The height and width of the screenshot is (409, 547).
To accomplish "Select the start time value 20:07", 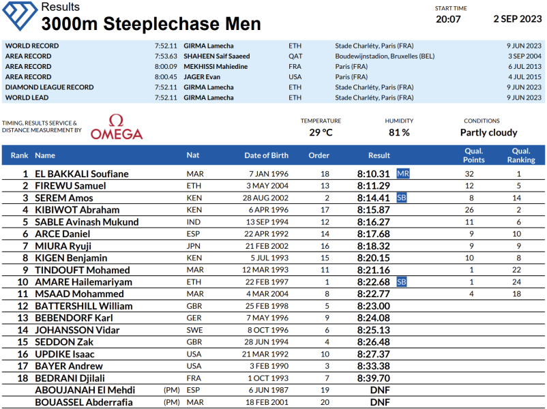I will pyautogui.click(x=448, y=19).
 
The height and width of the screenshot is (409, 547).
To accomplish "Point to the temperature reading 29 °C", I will pyautogui.click(x=321, y=132).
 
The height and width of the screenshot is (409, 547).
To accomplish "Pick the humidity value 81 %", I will pyautogui.click(x=399, y=132).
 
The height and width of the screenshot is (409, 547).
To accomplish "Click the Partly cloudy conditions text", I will pyautogui.click(x=488, y=132).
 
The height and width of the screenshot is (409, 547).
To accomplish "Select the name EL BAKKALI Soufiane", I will pyautogui.click(x=81, y=174).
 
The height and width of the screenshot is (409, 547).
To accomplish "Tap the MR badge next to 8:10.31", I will pyautogui.click(x=403, y=174).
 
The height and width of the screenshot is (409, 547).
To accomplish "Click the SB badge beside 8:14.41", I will pyautogui.click(x=402, y=198).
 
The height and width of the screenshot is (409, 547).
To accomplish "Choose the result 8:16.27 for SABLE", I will pyautogui.click(x=374, y=222).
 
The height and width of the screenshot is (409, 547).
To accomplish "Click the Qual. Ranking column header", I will pyautogui.click(x=521, y=155).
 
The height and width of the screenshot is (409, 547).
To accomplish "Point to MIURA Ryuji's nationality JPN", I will pyautogui.click(x=194, y=245).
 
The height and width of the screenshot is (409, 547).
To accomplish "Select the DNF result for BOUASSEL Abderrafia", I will pyautogui.click(x=380, y=402).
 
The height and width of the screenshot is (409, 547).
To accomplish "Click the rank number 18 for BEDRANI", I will pyautogui.click(x=23, y=378).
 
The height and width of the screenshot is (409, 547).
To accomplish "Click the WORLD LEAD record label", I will pyautogui.click(x=27, y=97).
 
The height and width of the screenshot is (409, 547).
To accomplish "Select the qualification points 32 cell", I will pyautogui.click(x=469, y=174).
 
